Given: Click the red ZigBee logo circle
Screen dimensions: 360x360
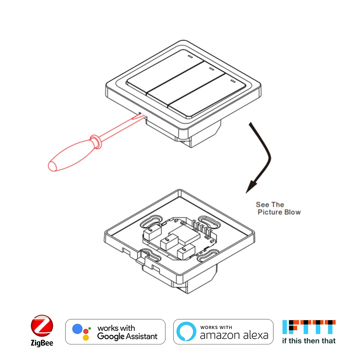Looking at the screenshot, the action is click(42, 326).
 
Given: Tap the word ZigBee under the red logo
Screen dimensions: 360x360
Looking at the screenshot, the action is click(42, 343).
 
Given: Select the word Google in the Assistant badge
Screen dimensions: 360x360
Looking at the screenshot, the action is click(111, 337).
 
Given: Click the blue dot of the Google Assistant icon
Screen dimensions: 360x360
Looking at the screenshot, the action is click(77, 329).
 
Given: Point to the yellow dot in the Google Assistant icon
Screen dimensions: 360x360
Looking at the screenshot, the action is click(86, 338).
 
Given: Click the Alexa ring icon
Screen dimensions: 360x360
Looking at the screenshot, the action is click(186, 332).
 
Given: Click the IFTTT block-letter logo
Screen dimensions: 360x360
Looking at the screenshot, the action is click(309, 327).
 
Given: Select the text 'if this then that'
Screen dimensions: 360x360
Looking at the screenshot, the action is click(309, 341).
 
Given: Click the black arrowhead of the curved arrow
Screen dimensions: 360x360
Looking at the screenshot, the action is click(252, 185).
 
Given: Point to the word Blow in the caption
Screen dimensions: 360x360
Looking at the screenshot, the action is click(292, 212).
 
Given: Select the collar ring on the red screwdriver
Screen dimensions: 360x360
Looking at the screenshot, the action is click(96, 141).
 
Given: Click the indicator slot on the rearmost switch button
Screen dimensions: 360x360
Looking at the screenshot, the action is click(190, 57).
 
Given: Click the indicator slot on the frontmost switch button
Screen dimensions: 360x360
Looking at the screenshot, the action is click(233, 81).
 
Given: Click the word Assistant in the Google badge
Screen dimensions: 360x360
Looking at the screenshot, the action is click(141, 336).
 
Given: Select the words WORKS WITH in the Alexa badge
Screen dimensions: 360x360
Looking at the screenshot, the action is click(216, 327).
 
